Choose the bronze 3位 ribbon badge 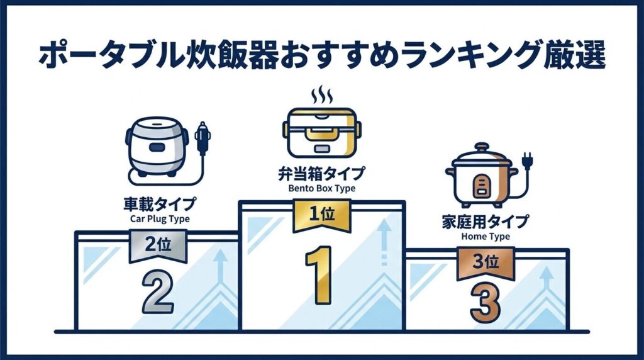pyautogui.click(x=485, y=261)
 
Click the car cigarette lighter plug pyautogui.click(x=202, y=138)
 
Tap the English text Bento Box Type pyautogui.click(x=321, y=188)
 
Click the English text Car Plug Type pyautogui.click(x=158, y=219)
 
